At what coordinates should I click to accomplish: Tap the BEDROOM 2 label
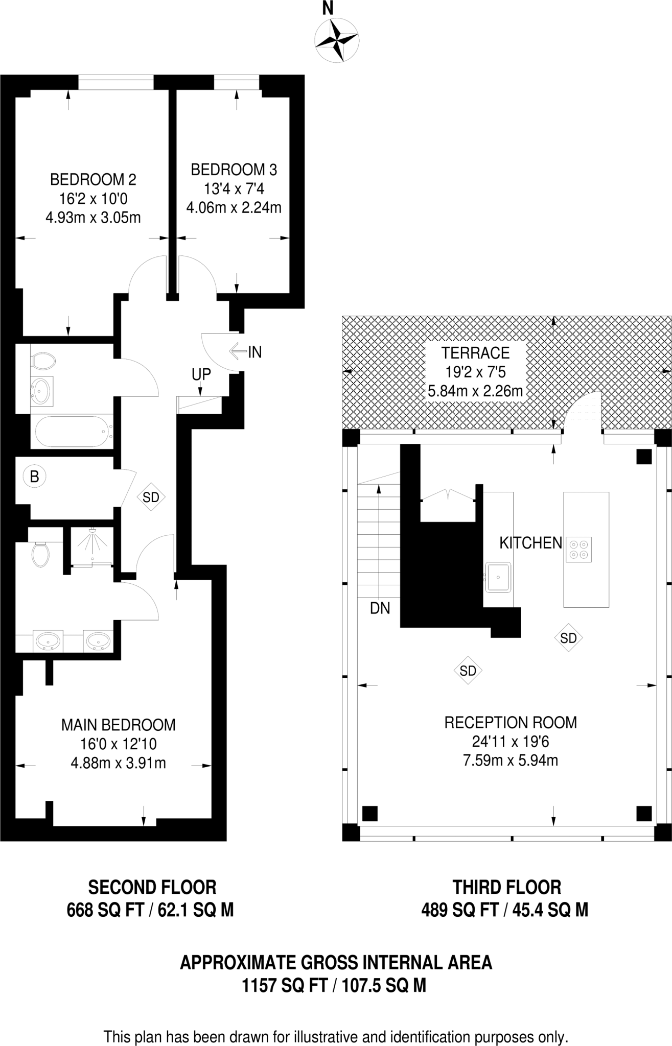pos(93,179)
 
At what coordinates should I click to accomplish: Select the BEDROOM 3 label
pos(234,170)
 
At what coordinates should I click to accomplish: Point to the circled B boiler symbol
pos(34,477)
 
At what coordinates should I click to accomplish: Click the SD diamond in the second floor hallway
pos(151,497)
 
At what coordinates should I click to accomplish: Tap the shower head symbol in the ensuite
pos(92,531)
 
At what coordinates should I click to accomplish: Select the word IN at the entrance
pos(254,352)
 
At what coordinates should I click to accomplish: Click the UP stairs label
pos(201,374)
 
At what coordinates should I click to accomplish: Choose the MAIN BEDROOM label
pos(118,725)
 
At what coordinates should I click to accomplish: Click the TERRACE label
pos(475,353)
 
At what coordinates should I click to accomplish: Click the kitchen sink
pos(498,577)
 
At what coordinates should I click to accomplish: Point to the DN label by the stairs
pos(380,608)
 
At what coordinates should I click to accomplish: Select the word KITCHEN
pos(530,543)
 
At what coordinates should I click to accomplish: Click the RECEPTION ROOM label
pos(510,722)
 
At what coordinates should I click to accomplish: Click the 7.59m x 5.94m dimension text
pos(510,760)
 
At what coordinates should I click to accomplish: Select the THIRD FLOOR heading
pos(506,887)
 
